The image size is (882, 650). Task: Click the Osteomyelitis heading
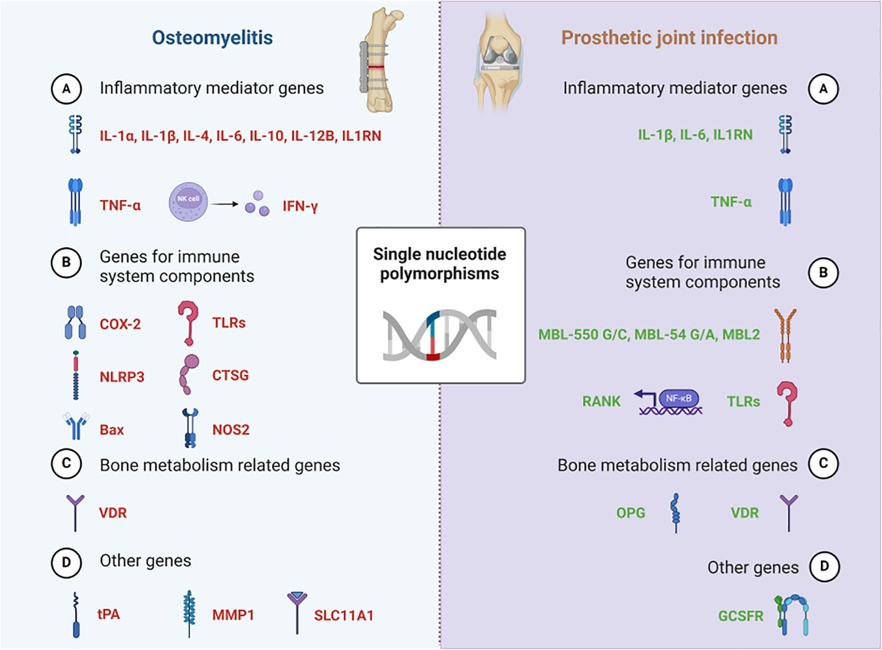click(212, 38)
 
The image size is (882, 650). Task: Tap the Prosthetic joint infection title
click(670, 38)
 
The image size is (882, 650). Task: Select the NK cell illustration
click(188, 201)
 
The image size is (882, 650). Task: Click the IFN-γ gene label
click(300, 206)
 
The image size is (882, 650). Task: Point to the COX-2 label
click(120, 324)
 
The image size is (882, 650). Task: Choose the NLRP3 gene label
click(122, 377)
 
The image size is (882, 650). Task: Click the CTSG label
click(230, 376)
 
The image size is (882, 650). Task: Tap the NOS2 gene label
click(231, 429)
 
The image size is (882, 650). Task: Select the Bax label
click(112, 430)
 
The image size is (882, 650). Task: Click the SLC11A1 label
click(343, 615)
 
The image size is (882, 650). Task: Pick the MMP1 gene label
click(233, 615)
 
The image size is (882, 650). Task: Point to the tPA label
click(109, 614)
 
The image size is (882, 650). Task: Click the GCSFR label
click(741, 615)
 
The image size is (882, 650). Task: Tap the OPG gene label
click(631, 513)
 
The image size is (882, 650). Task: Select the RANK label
click(601, 401)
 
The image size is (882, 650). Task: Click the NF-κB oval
click(678, 399)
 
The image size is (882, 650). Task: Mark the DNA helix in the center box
click(440, 335)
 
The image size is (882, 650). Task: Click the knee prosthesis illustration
click(498, 59)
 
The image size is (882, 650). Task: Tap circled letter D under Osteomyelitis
click(66, 562)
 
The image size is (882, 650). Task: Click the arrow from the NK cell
click(224, 204)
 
